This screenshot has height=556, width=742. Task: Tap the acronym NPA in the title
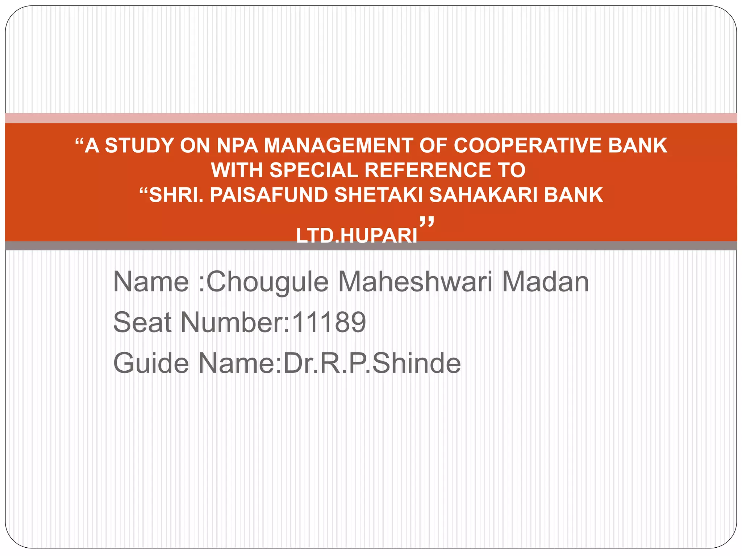coord(237,146)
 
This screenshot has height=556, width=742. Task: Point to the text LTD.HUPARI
coord(357,236)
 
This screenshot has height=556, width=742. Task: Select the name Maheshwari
coord(415,282)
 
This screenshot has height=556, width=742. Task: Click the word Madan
coord(545,282)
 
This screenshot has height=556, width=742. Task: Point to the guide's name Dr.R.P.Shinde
coord(372,363)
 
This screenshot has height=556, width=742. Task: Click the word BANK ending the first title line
coord(638,146)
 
